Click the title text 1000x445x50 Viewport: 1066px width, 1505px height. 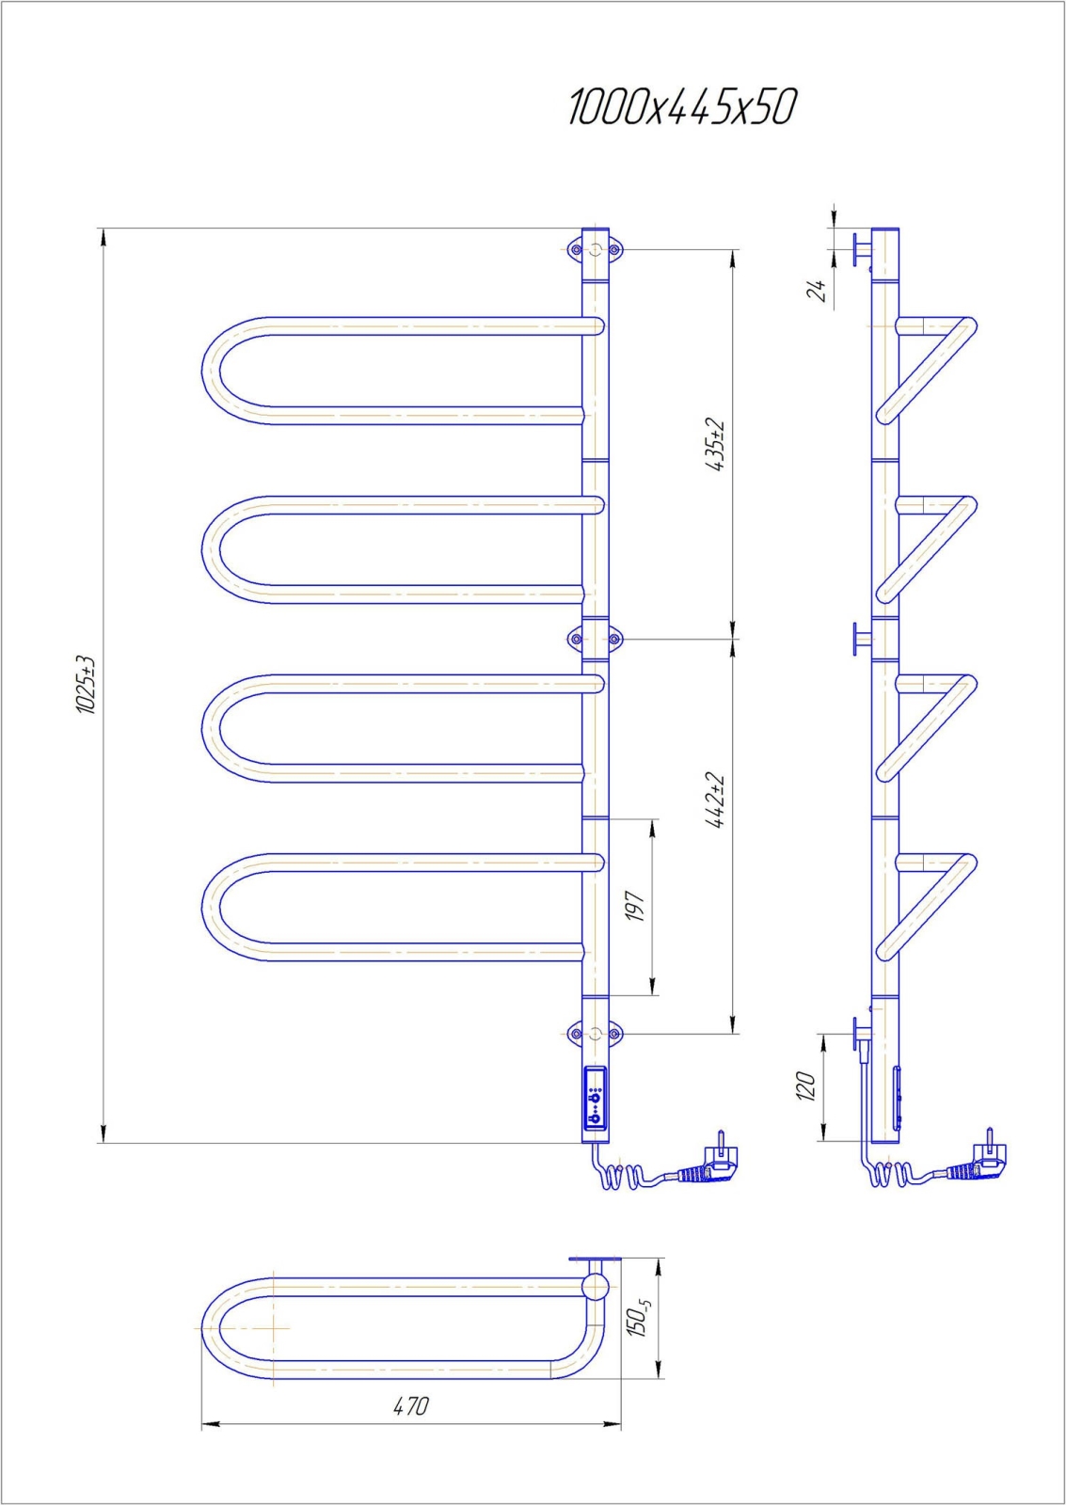[x=682, y=108]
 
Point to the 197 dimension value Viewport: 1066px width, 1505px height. [x=637, y=906]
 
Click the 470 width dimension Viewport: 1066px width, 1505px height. [x=410, y=1406]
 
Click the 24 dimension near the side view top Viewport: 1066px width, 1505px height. [x=819, y=290]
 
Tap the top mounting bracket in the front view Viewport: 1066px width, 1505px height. [x=595, y=249]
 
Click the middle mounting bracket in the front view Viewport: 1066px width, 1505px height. [x=595, y=640]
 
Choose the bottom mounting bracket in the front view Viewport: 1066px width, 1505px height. [x=595, y=1034]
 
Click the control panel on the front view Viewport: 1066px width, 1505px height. [x=595, y=1098]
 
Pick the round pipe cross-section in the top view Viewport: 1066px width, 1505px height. [x=595, y=1286]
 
